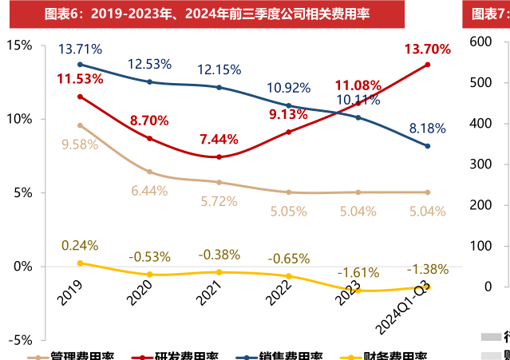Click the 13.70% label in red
coord(427,49)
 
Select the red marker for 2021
coord(219,157)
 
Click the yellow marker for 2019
coord(80,263)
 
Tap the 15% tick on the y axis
coord(20,45)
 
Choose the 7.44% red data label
coord(219,139)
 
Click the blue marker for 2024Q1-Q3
coord(428,146)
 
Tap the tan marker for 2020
coord(149,172)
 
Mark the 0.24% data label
coord(79,245)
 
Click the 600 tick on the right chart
coord(487,42)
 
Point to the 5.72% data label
coord(218,200)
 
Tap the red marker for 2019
coord(80,97)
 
